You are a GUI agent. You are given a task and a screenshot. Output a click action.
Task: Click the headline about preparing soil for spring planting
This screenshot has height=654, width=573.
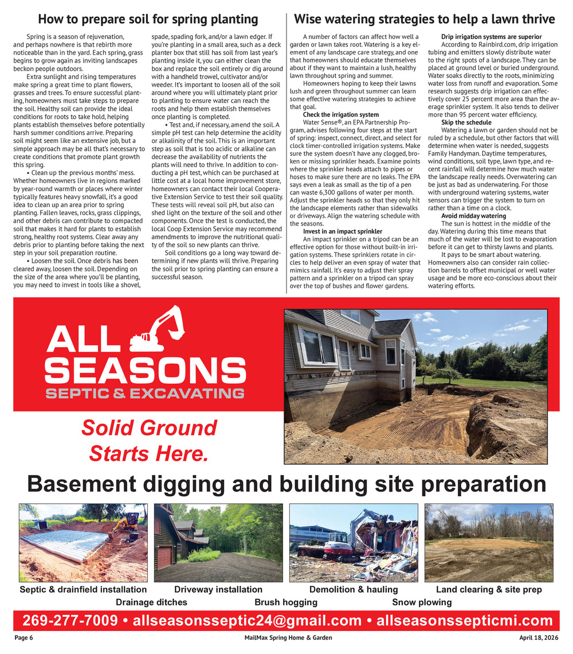point(148,19)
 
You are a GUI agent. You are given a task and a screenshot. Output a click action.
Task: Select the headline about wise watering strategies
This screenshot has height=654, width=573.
point(425,19)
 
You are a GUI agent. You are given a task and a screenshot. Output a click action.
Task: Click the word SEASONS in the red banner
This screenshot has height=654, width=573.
point(145,371)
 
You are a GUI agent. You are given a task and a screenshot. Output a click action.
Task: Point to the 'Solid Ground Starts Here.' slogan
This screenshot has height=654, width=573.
point(148,441)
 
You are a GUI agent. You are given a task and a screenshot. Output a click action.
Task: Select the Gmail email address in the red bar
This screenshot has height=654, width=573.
point(247,621)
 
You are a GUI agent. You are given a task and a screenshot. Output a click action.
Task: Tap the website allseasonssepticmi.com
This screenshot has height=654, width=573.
point(465,621)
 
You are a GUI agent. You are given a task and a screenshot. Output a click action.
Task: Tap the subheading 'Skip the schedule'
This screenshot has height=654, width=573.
point(466,123)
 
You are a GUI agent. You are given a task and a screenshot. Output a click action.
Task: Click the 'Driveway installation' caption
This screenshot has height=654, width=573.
point(218,589)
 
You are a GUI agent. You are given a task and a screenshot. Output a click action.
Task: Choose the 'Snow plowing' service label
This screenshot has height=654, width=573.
point(422,602)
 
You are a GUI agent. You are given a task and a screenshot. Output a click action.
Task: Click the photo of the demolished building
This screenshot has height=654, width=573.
point(354,543)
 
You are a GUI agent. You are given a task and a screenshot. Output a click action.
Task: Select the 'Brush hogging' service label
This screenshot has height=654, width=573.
point(286,602)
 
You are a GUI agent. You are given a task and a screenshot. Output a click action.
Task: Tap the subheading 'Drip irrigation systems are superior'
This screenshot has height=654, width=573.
point(491,37)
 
